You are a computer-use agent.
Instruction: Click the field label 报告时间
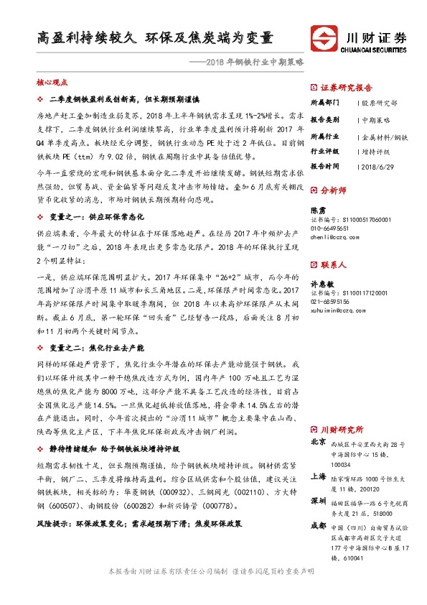[x=326, y=167]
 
